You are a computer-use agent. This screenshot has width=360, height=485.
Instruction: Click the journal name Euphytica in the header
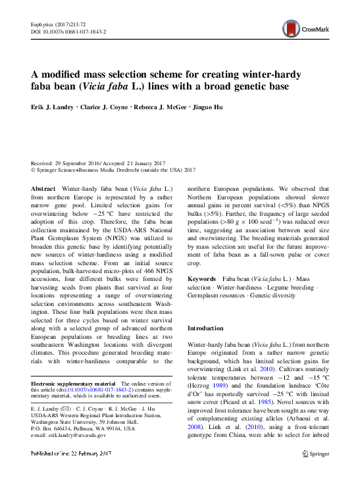point(43,24)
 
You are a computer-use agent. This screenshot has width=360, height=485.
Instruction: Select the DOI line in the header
point(68,31)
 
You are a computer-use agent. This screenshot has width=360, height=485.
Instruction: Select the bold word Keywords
point(202,279)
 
